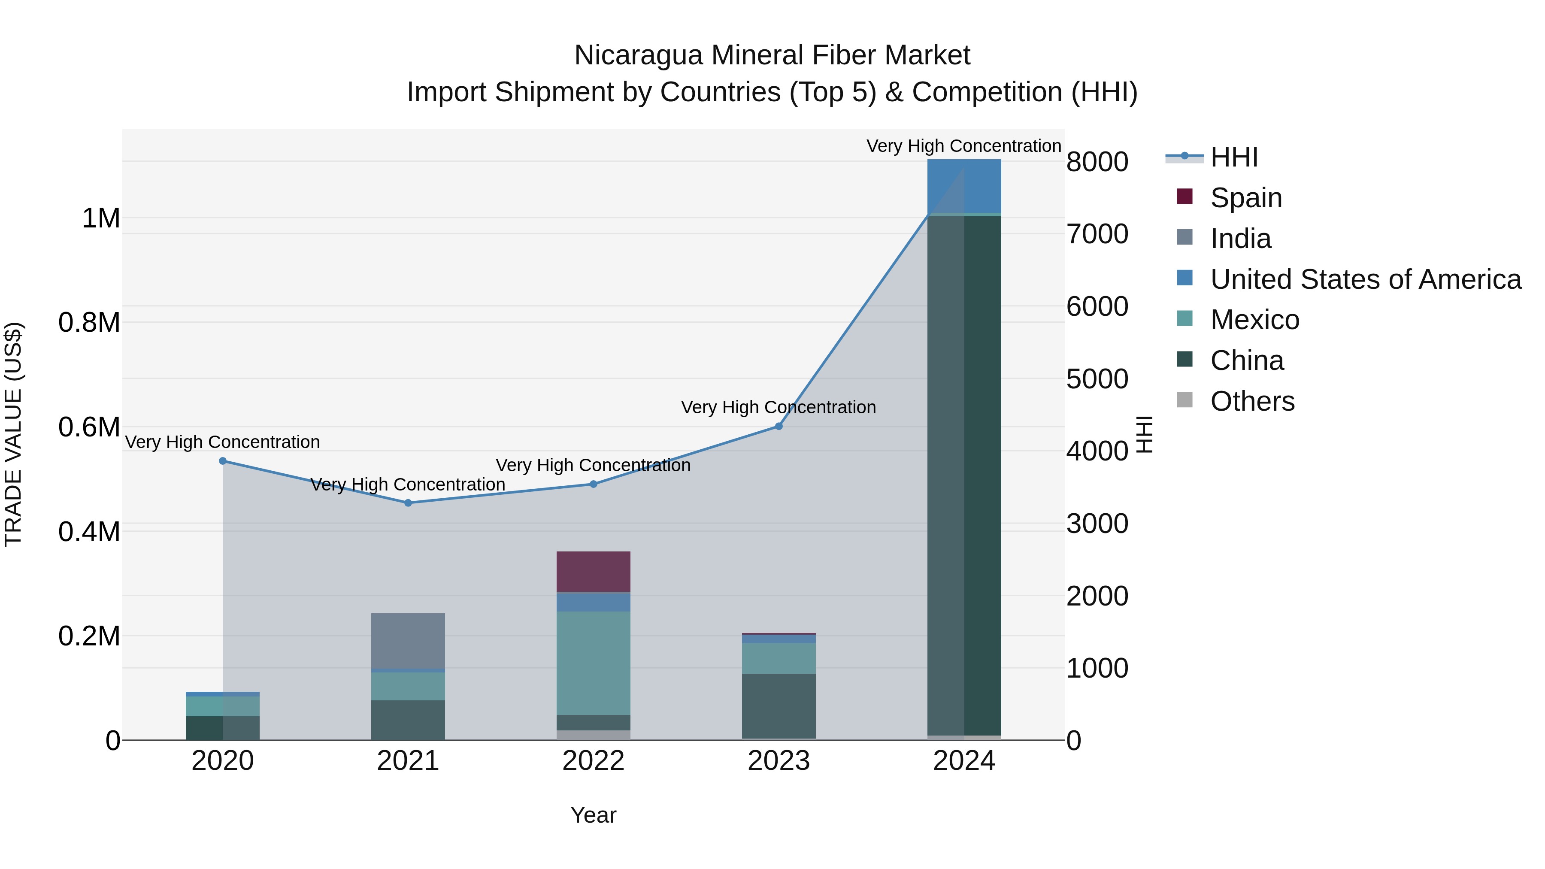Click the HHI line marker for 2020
[x=222, y=460]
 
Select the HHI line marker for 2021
[x=408, y=503]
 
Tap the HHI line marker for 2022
[x=593, y=484]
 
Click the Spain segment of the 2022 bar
[x=593, y=572]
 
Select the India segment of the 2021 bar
[x=408, y=641]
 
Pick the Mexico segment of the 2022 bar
[x=593, y=663]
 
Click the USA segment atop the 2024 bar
[x=964, y=186]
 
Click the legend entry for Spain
[x=1246, y=198]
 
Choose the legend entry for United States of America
[x=1365, y=279]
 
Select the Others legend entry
[x=1252, y=401]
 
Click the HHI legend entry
[x=1234, y=157]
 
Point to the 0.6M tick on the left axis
[x=89, y=427]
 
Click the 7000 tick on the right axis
[x=1097, y=234]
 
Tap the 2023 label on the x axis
[x=779, y=761]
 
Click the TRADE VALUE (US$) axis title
[x=14, y=434]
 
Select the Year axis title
[x=593, y=815]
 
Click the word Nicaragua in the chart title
[x=638, y=55]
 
